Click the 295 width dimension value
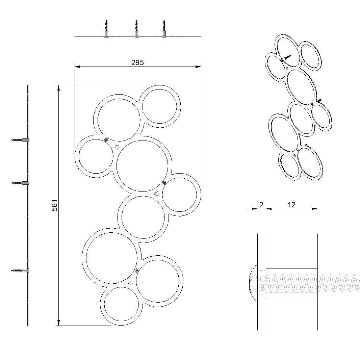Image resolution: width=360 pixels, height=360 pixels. (x=137, y=62)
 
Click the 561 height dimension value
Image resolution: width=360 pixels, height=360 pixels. (x=55, y=205)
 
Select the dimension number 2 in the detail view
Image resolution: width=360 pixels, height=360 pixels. (x=261, y=205)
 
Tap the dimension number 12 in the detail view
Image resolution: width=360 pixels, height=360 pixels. (x=291, y=205)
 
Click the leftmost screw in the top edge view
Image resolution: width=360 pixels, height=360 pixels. (x=106, y=30)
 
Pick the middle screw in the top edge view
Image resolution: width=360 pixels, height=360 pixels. (x=136, y=30)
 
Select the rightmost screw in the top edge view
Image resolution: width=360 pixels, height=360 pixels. (x=164, y=30)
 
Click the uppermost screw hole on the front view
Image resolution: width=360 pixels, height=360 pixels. (x=106, y=140)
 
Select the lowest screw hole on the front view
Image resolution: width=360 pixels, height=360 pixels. (x=136, y=270)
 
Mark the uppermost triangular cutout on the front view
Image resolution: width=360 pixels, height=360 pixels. (x=117, y=147)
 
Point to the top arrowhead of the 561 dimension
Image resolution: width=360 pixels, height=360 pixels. (x=59, y=88)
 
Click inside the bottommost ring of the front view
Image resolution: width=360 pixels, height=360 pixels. (x=121, y=304)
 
